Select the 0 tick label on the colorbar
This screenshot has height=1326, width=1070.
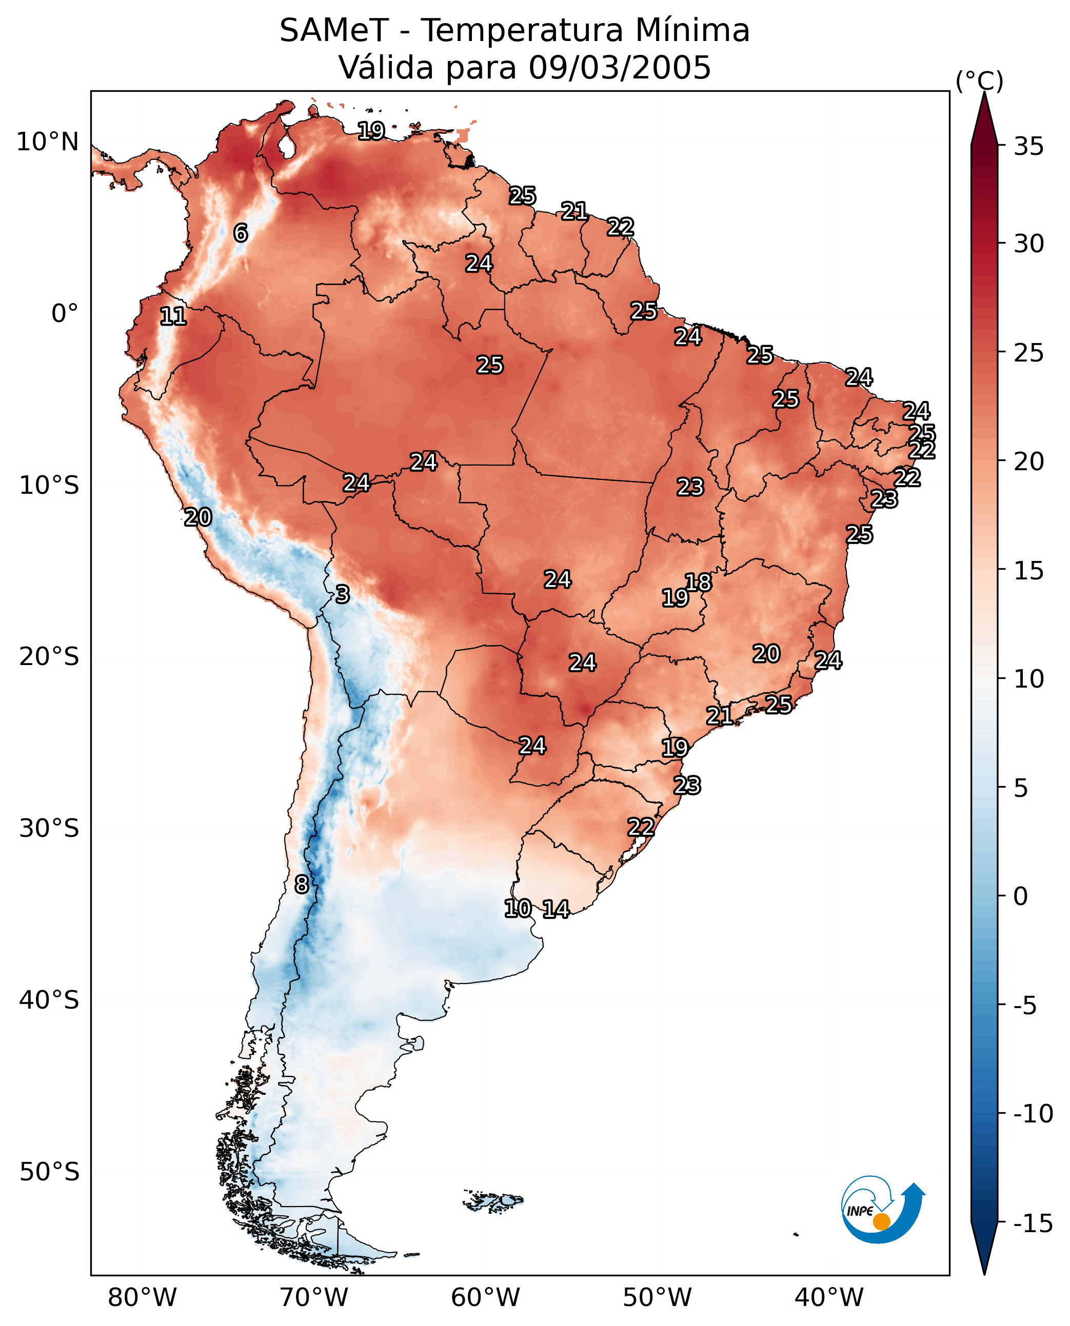click(1021, 896)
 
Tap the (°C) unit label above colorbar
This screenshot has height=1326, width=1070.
click(979, 81)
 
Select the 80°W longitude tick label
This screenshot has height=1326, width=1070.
click(143, 1297)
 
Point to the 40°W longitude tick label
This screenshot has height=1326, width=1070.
click(829, 1297)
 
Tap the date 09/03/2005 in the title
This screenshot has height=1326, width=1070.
click(620, 67)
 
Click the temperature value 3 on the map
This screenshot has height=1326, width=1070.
click(343, 594)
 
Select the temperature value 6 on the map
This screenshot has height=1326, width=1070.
click(241, 233)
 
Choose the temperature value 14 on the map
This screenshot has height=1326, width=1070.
click(556, 909)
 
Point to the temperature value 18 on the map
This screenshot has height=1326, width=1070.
click(698, 582)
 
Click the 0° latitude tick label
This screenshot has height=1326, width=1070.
click(65, 314)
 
